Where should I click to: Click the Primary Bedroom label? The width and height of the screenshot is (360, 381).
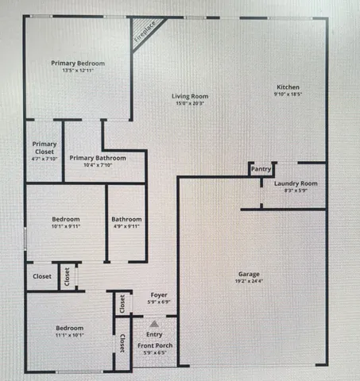point(78,63)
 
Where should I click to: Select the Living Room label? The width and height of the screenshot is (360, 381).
point(191,97)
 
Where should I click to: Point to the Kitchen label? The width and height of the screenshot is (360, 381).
point(288,87)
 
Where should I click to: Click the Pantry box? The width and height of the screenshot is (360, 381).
point(261,169)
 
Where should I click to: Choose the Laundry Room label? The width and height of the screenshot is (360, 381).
point(296,184)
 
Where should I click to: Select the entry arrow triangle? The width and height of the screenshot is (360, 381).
point(155,324)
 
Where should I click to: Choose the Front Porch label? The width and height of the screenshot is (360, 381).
point(156,345)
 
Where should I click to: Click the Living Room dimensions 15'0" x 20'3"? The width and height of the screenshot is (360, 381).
point(191,104)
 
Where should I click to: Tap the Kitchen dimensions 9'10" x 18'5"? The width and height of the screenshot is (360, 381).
point(288,94)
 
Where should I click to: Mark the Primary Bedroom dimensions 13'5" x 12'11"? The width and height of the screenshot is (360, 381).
point(78,71)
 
